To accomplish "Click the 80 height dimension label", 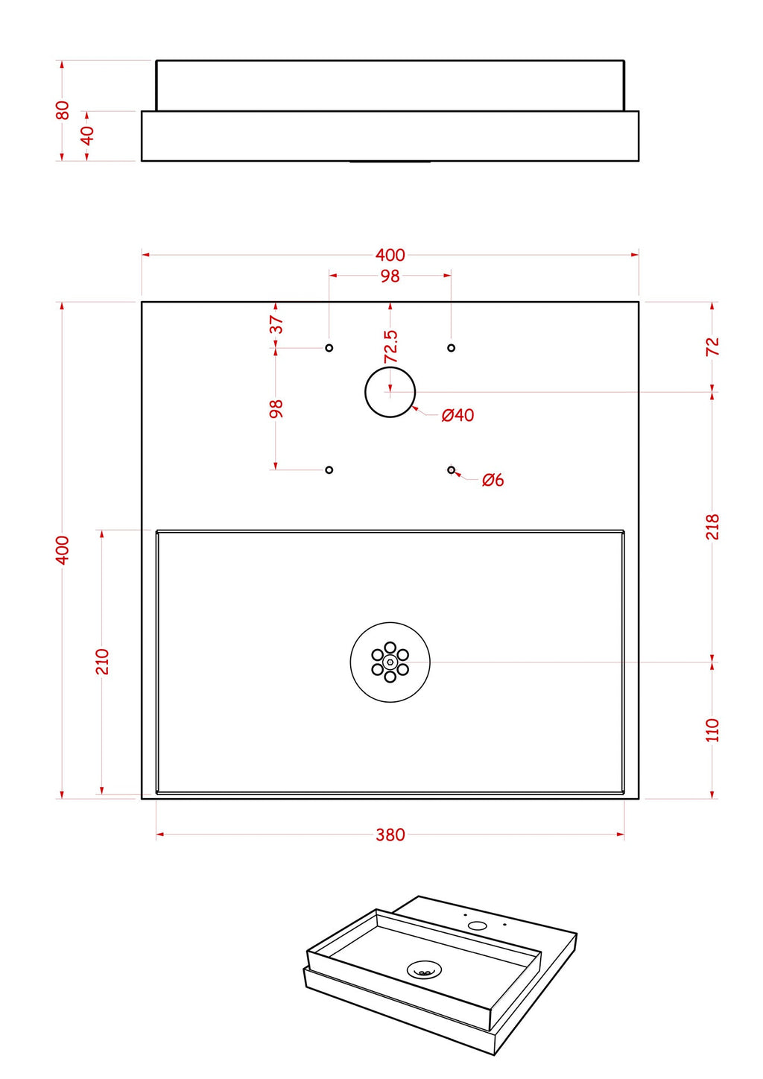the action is (63, 110).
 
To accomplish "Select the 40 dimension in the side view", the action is (88, 136).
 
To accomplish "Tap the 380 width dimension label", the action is (390, 835).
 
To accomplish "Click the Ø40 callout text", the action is (458, 415).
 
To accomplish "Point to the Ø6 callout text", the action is (493, 480).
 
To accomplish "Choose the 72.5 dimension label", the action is (390, 347).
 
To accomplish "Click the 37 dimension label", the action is (276, 324).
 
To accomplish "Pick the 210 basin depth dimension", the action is (102, 662).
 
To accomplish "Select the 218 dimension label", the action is (712, 527).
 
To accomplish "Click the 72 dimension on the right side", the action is (712, 347).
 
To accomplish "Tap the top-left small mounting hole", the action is (329, 348).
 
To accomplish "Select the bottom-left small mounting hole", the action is (329, 469).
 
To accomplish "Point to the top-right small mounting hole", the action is (452, 348).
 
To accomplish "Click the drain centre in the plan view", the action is (390, 662).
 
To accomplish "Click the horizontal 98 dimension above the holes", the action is (390, 276).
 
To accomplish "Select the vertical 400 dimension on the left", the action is (63, 550).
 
